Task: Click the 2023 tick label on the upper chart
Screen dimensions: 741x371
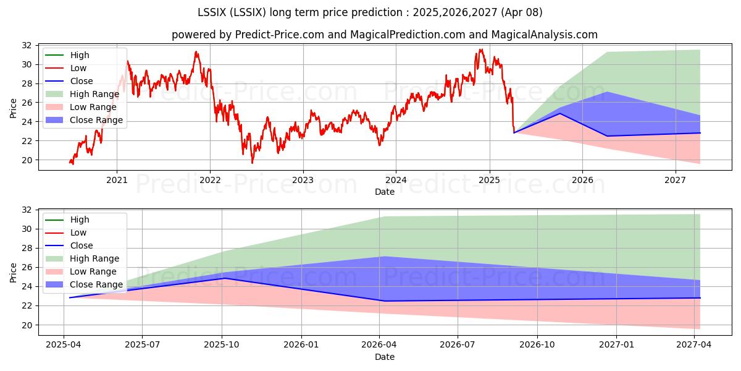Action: click(x=303, y=180)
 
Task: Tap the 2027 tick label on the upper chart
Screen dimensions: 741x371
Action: click(x=675, y=180)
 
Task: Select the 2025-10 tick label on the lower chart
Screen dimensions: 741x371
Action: click(x=222, y=345)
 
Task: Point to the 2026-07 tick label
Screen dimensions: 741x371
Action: click(x=458, y=345)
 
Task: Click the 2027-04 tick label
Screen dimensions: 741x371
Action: click(x=693, y=345)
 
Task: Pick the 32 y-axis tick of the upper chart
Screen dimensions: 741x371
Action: click(x=27, y=45)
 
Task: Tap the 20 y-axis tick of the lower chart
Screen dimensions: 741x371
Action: click(x=27, y=325)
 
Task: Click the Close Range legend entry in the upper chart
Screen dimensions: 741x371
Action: click(x=84, y=120)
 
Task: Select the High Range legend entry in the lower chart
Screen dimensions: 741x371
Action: click(x=82, y=258)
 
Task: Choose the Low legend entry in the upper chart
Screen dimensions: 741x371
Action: click(x=66, y=68)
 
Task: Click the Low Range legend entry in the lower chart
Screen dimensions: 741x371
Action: click(x=81, y=271)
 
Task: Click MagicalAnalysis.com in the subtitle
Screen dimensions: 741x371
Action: click(x=544, y=35)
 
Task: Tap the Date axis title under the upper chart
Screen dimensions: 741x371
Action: click(x=384, y=192)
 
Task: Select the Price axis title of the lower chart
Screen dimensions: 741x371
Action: click(x=13, y=273)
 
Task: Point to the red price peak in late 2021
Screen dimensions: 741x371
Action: click(x=196, y=52)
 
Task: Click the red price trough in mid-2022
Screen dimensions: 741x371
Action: click(x=252, y=163)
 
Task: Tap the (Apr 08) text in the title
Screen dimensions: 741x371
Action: click(x=522, y=12)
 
